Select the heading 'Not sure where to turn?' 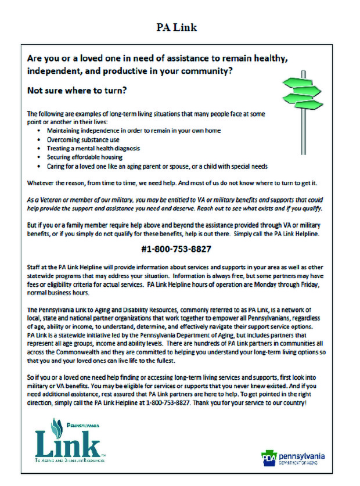click(x=77, y=91)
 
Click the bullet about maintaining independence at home click(x=134, y=131)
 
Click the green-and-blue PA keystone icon click(x=268, y=457)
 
